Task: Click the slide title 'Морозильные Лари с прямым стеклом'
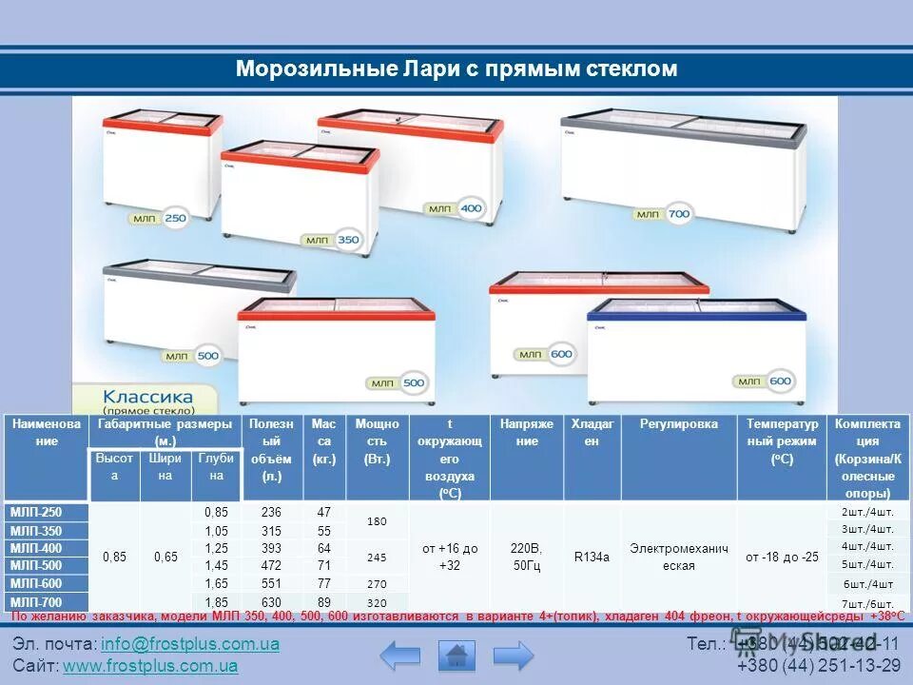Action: pyautogui.click(x=456, y=69)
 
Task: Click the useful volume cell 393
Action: pyautogui.click(x=271, y=548)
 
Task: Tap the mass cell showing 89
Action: pyautogui.click(x=324, y=601)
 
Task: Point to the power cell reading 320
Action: pyautogui.click(x=377, y=602)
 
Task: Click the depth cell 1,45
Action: pyautogui.click(x=216, y=566)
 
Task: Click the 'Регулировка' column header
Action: pyautogui.click(x=678, y=424)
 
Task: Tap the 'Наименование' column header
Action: pyautogui.click(x=47, y=433)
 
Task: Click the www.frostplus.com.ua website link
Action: pyautogui.click(x=150, y=666)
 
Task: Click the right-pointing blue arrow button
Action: pyautogui.click(x=514, y=656)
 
